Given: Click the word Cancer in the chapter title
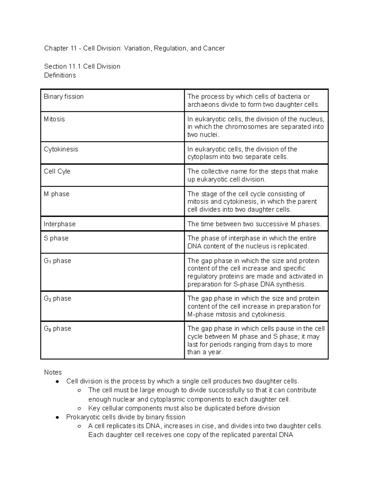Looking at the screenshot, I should pyautogui.click(x=214, y=48).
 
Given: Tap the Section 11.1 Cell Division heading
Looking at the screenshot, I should pyautogui.click(x=82, y=66).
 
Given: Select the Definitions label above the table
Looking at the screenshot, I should pyautogui.click(x=60, y=75).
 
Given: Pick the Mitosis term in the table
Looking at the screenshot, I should pyautogui.click(x=54, y=119).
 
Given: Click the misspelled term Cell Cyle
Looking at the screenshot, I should pyautogui.click(x=57, y=172).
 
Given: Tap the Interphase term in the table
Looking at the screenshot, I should pyautogui.click(x=60, y=224).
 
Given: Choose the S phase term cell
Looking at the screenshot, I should pyautogui.click(x=56, y=238).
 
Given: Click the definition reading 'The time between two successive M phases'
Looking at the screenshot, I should pyautogui.click(x=254, y=224).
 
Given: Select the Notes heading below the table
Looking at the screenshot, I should pyautogui.click(x=53, y=372).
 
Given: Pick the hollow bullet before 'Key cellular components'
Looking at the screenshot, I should pyautogui.click(x=80, y=409).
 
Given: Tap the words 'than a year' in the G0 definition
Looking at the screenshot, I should pyautogui.click(x=205, y=352).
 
